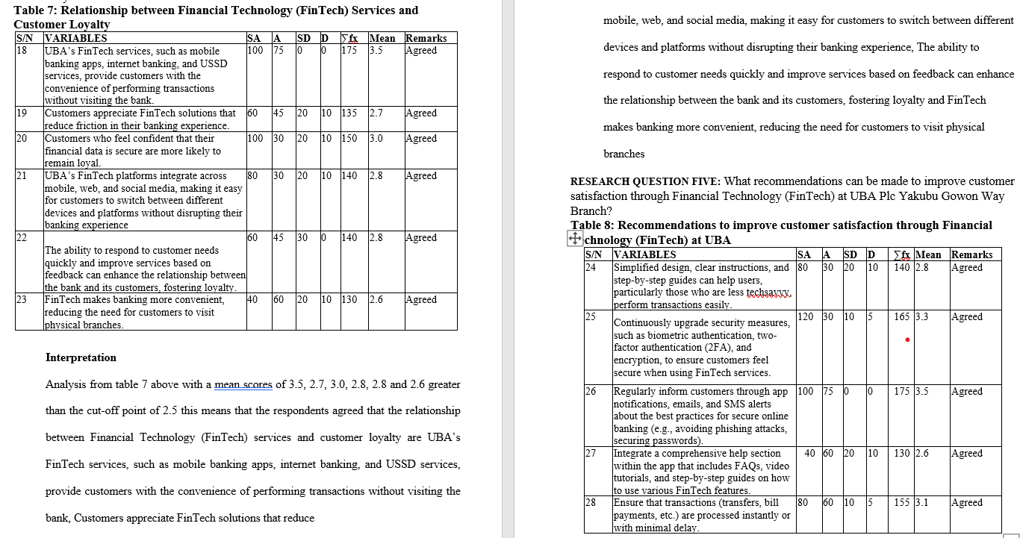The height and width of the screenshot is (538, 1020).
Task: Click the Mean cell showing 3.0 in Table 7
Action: click(x=376, y=139)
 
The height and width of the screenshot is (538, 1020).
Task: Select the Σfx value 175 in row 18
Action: click(x=349, y=51)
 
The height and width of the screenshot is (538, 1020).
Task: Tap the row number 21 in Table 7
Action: click(x=22, y=176)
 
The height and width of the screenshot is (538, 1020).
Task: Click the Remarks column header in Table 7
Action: click(x=426, y=38)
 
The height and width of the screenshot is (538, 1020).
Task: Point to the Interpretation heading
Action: click(x=81, y=357)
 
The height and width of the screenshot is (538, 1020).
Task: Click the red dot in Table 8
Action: click(x=907, y=340)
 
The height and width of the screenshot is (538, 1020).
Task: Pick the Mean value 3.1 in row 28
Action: click(x=922, y=503)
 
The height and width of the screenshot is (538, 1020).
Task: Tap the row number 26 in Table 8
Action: click(x=591, y=392)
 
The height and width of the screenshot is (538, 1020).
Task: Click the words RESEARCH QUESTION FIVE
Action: click(x=645, y=181)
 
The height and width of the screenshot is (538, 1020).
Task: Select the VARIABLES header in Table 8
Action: click(x=644, y=254)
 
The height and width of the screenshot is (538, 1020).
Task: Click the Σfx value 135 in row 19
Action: click(x=349, y=113)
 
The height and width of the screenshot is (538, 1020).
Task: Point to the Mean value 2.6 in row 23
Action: click(x=376, y=300)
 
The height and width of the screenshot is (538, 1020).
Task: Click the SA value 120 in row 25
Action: click(x=806, y=317)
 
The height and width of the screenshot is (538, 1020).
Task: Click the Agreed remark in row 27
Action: click(x=967, y=454)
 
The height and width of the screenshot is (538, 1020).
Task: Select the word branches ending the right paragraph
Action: click(x=623, y=154)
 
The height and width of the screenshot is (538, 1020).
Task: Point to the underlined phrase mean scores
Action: click(x=243, y=385)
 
